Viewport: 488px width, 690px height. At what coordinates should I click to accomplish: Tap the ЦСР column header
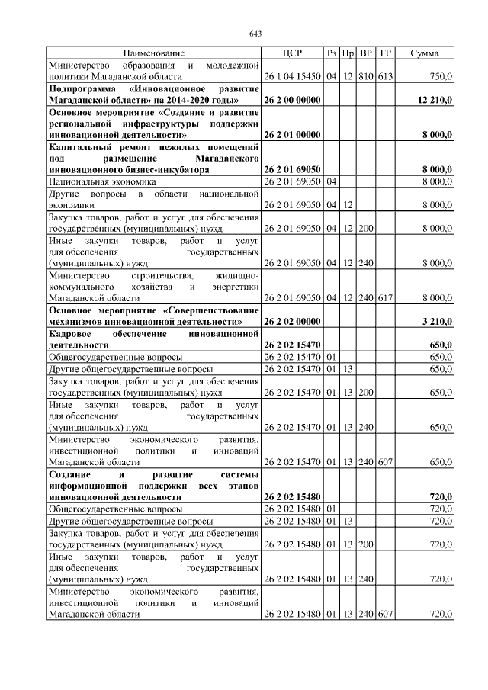(x=292, y=53)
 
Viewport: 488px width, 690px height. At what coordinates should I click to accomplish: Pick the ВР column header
(x=366, y=53)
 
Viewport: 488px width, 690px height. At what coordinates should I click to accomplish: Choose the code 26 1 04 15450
(x=292, y=76)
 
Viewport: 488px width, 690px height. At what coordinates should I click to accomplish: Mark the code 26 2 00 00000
(x=292, y=100)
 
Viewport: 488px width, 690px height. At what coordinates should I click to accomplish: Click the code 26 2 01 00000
(x=292, y=135)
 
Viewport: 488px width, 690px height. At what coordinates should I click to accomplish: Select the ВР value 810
(x=366, y=76)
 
